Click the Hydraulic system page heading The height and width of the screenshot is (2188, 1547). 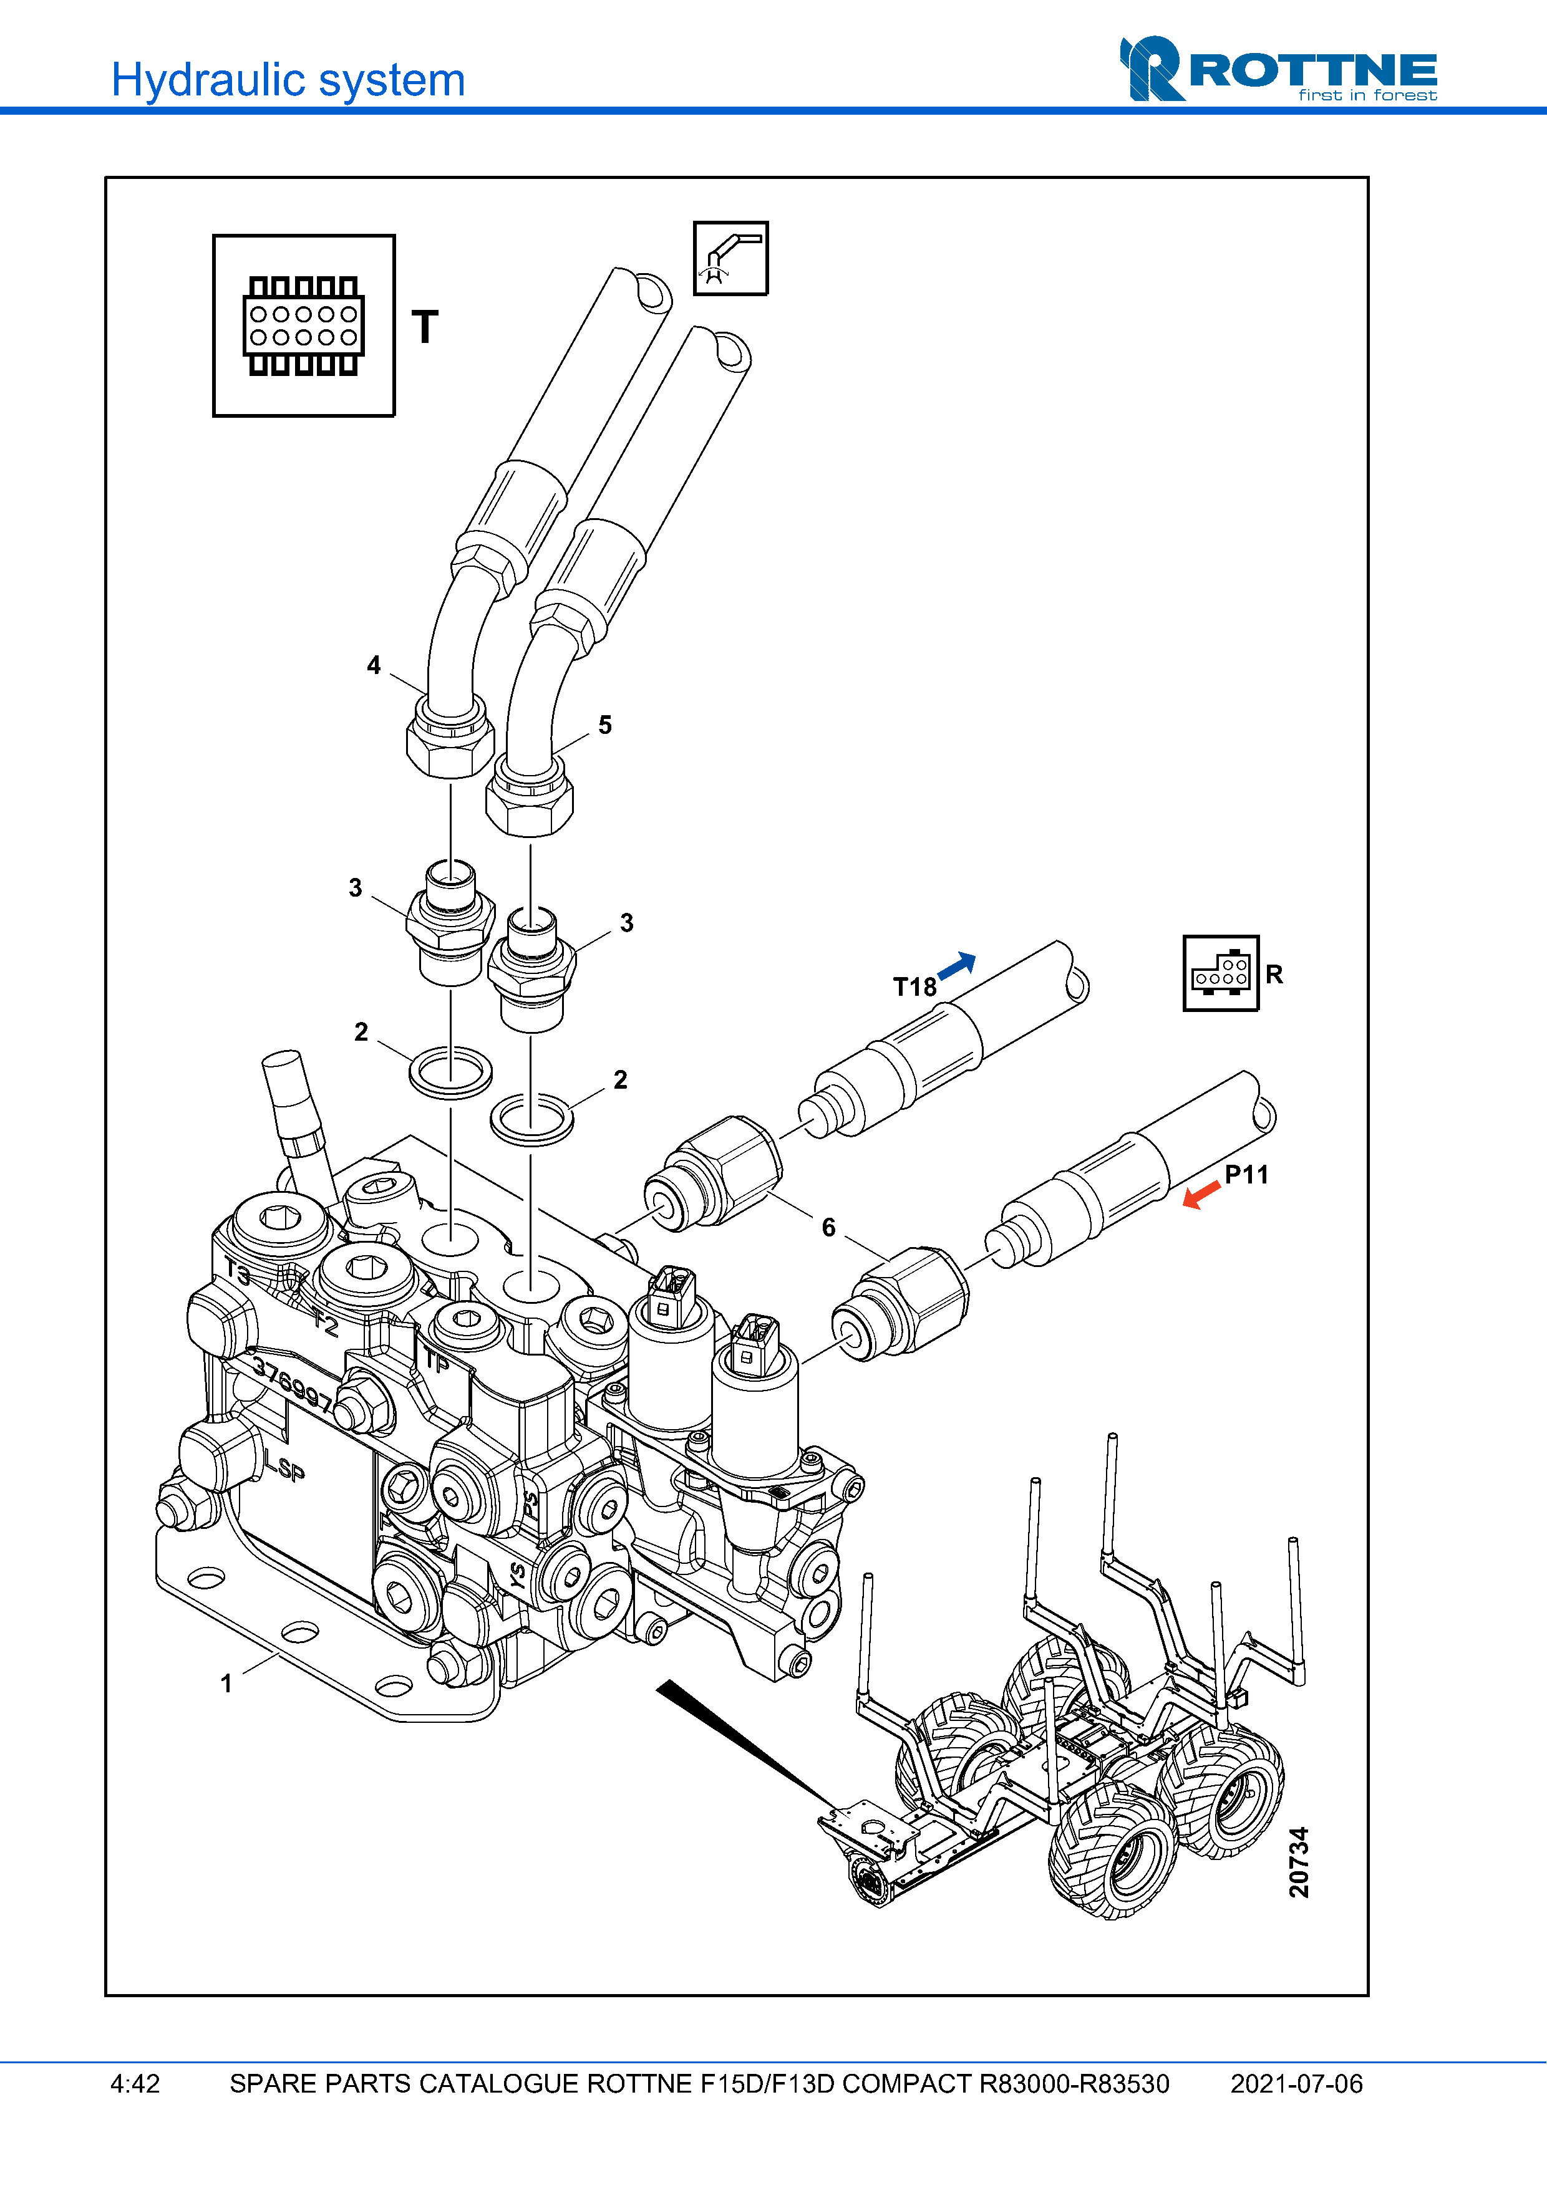pyautogui.click(x=288, y=80)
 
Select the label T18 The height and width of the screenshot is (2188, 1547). pyautogui.click(x=914, y=987)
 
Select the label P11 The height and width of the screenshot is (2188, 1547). pyautogui.click(x=1246, y=1175)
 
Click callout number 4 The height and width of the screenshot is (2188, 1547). pyautogui.click(x=374, y=665)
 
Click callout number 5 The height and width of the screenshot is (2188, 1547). pyautogui.click(x=604, y=725)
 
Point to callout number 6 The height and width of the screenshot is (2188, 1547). pyautogui.click(x=828, y=1227)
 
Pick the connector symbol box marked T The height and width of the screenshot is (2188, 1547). pyautogui.click(x=303, y=326)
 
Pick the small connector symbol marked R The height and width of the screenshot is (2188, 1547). pyautogui.click(x=1220, y=973)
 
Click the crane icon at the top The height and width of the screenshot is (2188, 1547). pyautogui.click(x=730, y=258)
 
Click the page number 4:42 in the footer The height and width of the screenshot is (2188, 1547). pyautogui.click(x=135, y=2083)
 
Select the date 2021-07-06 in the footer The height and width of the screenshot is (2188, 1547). pyautogui.click(x=1296, y=2083)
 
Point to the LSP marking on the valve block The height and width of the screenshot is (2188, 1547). pyautogui.click(x=284, y=1465)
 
